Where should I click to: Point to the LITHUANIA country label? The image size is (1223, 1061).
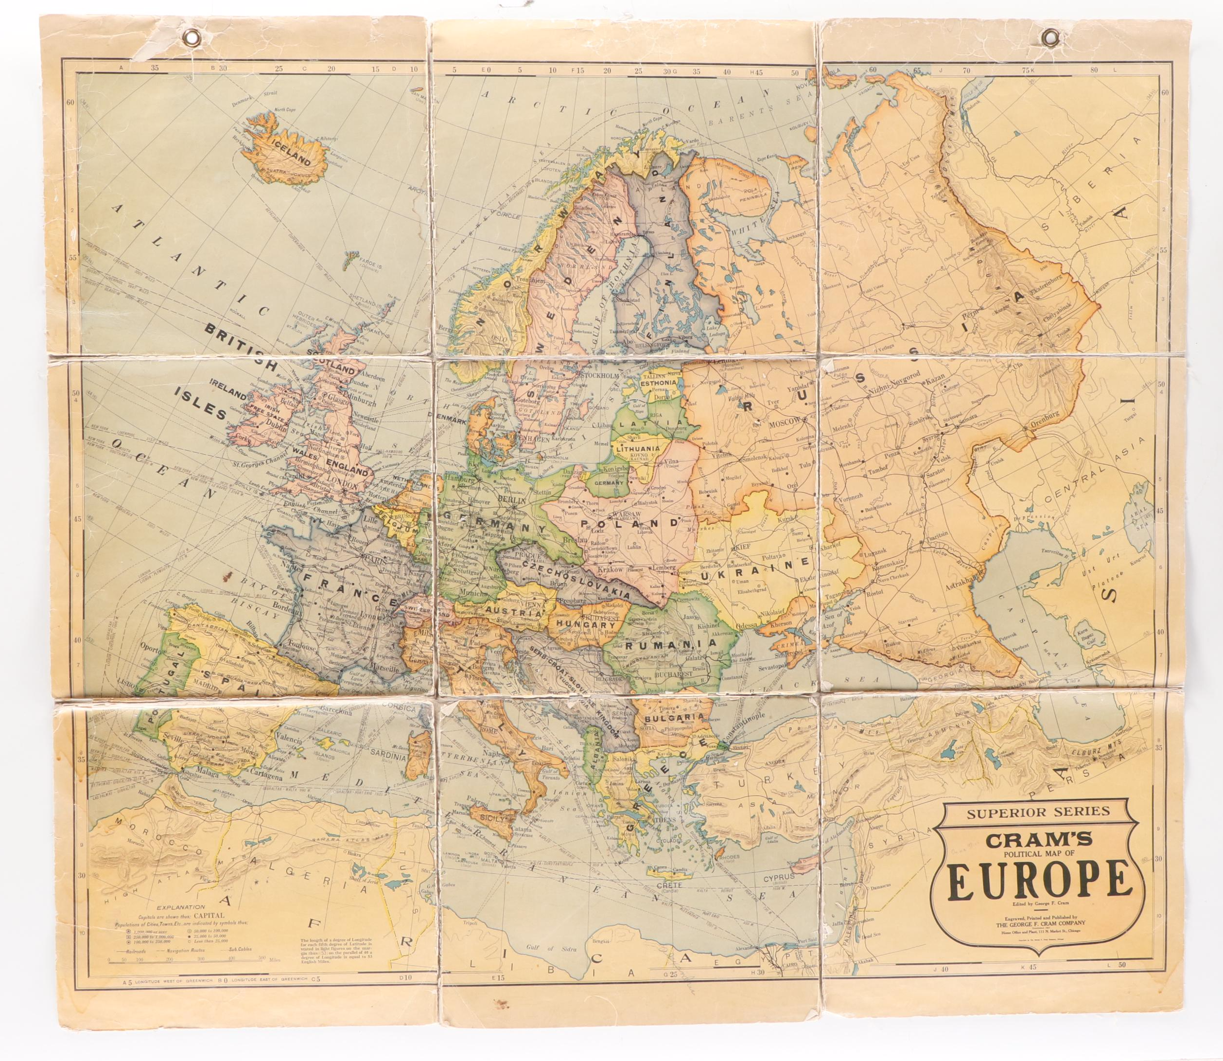click(638, 449)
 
